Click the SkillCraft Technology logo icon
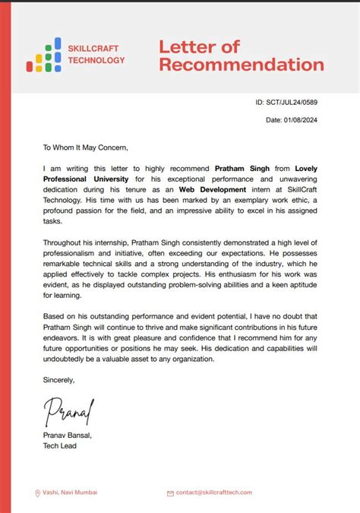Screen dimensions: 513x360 [x=43, y=55]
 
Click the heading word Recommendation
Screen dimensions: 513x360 [x=241, y=65]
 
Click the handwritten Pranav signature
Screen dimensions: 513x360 [x=68, y=411]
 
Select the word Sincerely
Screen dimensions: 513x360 [x=58, y=380]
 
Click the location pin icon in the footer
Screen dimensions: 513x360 [x=37, y=493]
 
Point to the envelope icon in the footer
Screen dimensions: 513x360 [x=170, y=493]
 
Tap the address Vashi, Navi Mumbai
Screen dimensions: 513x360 [x=70, y=492]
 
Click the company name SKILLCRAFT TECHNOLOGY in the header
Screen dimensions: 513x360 [x=96, y=55]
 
